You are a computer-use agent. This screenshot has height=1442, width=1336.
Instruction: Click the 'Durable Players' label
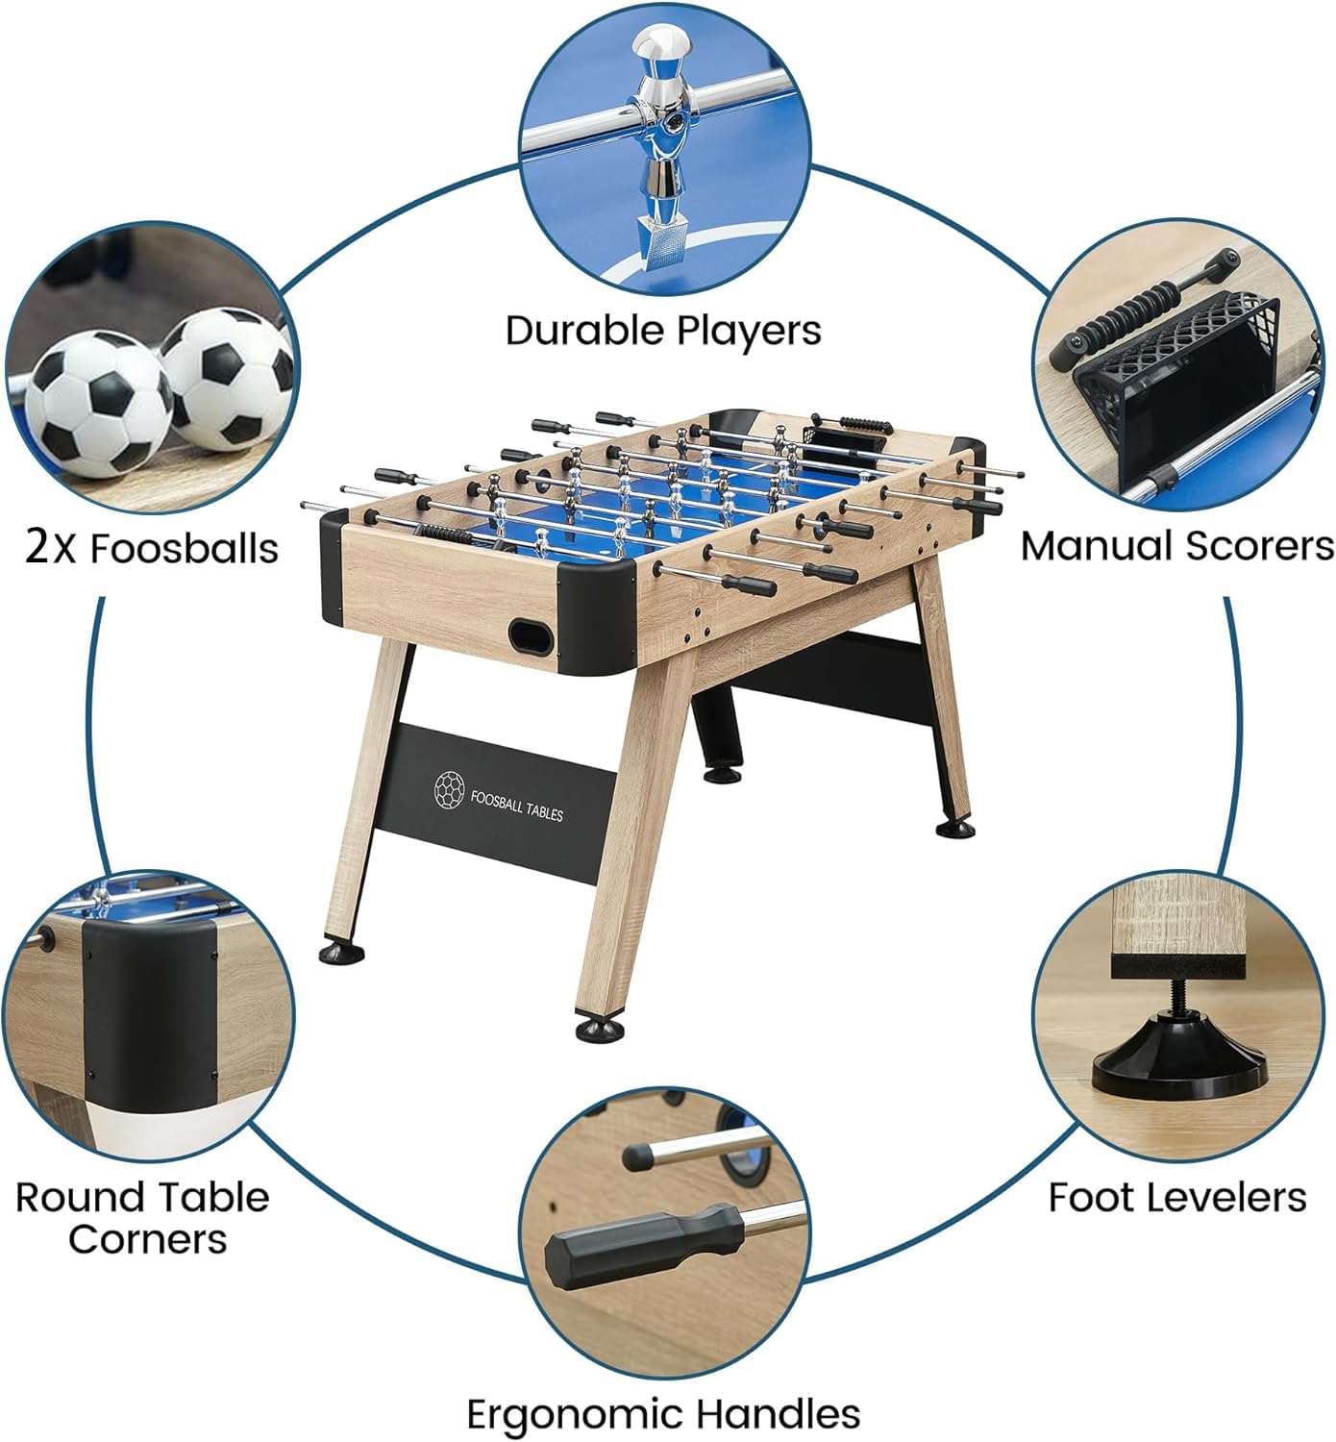(663, 330)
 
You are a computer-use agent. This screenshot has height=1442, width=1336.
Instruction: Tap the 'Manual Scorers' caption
(1176, 545)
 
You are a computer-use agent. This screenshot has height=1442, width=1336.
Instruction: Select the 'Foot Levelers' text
(1176, 1197)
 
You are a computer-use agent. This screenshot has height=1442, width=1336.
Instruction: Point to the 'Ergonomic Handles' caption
(663, 1414)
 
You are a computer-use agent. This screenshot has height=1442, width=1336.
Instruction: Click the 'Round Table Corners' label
(143, 1217)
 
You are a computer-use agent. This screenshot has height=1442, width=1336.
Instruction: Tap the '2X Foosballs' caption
(152, 548)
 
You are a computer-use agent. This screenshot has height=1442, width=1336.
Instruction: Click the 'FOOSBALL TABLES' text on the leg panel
(517, 805)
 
